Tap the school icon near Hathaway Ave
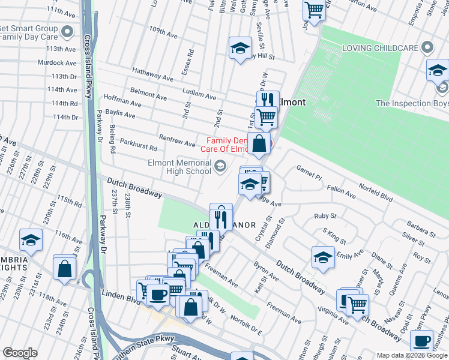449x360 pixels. [x=240, y=49]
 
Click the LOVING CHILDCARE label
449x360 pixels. [x=379, y=47]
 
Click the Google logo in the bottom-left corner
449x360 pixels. [x=20, y=353]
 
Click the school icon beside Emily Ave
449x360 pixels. [x=323, y=257]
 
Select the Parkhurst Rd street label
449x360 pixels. [x=138, y=147]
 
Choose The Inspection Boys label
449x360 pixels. [x=411, y=103]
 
